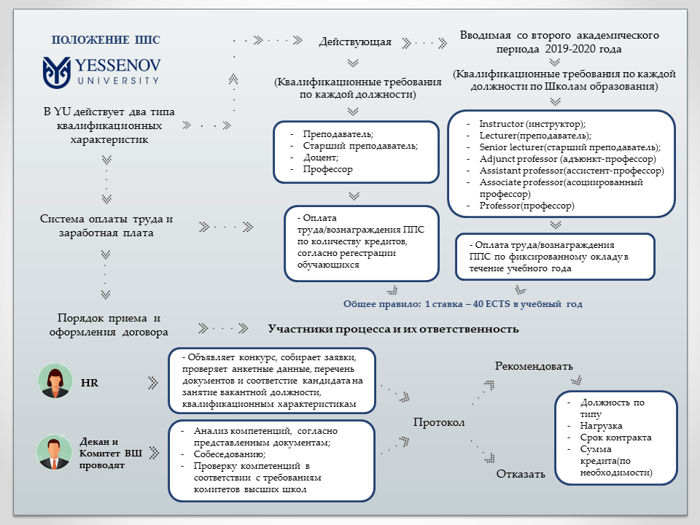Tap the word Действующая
pyautogui.click(x=355, y=42)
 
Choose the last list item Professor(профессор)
pyautogui.click(x=527, y=206)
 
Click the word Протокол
pyautogui.click(x=439, y=422)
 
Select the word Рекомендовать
pyautogui.click(x=534, y=365)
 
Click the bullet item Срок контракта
pyautogui.click(x=615, y=437)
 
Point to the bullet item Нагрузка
pyautogui.click(x=603, y=426)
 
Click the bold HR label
pyautogui.click(x=89, y=382)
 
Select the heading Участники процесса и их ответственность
pyautogui.click(x=393, y=329)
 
